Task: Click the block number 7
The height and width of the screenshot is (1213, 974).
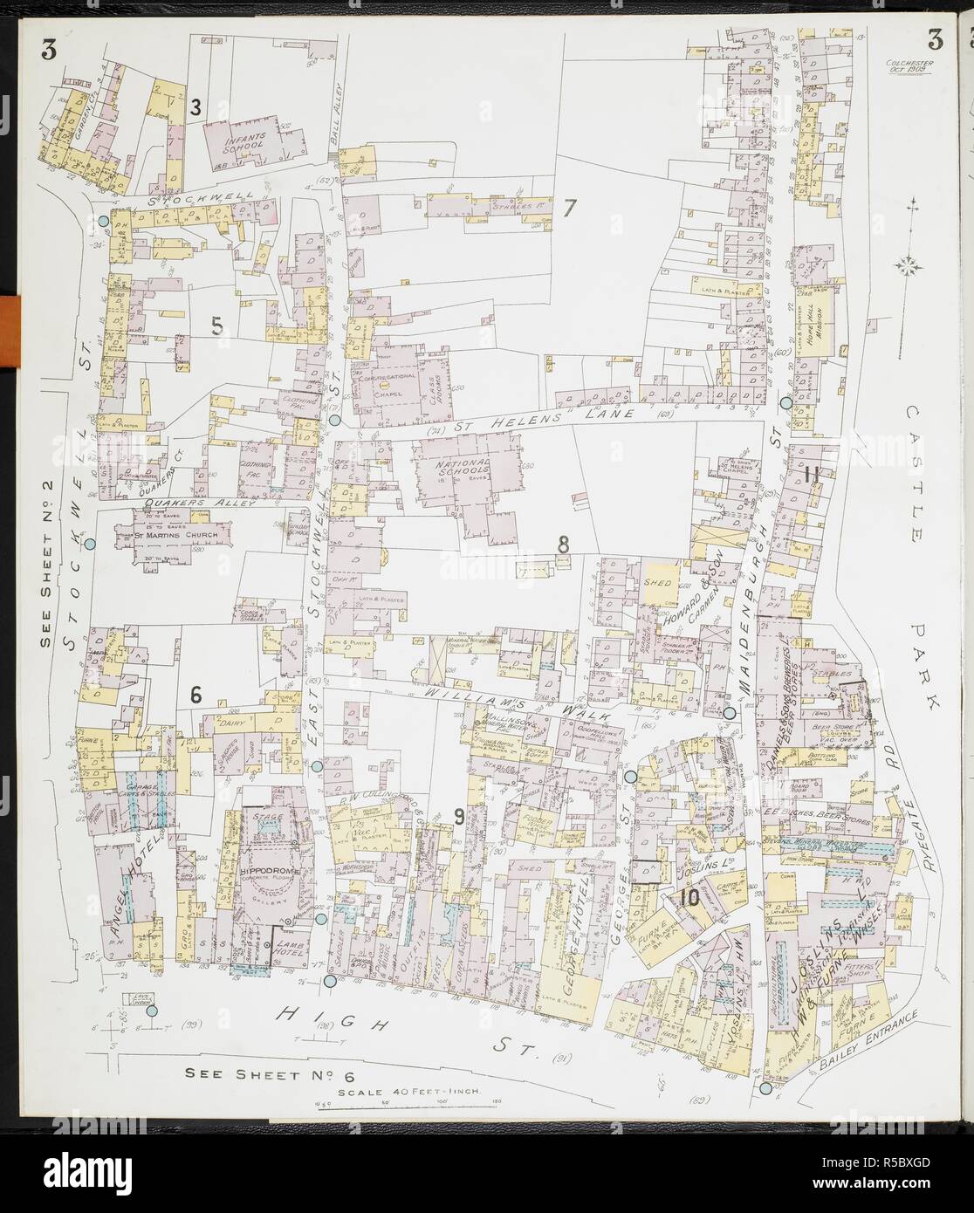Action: point(570,208)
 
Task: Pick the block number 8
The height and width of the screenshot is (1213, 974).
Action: point(564,545)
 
